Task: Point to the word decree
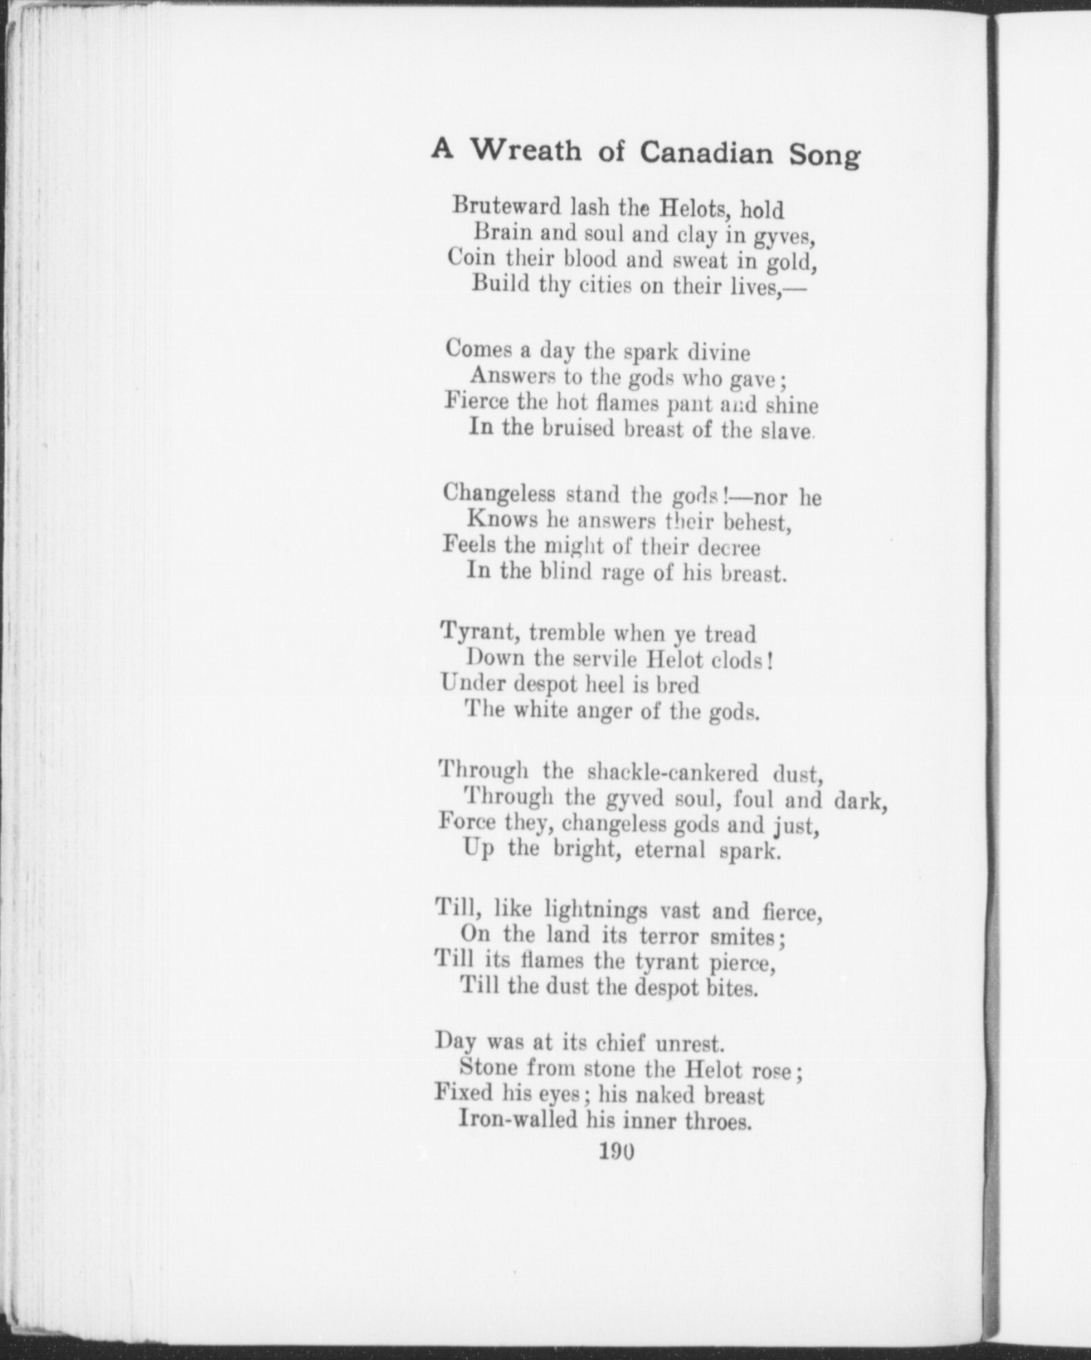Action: coord(728,548)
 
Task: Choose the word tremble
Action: coord(567,632)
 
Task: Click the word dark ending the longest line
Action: coord(861,801)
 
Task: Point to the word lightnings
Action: coord(596,911)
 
